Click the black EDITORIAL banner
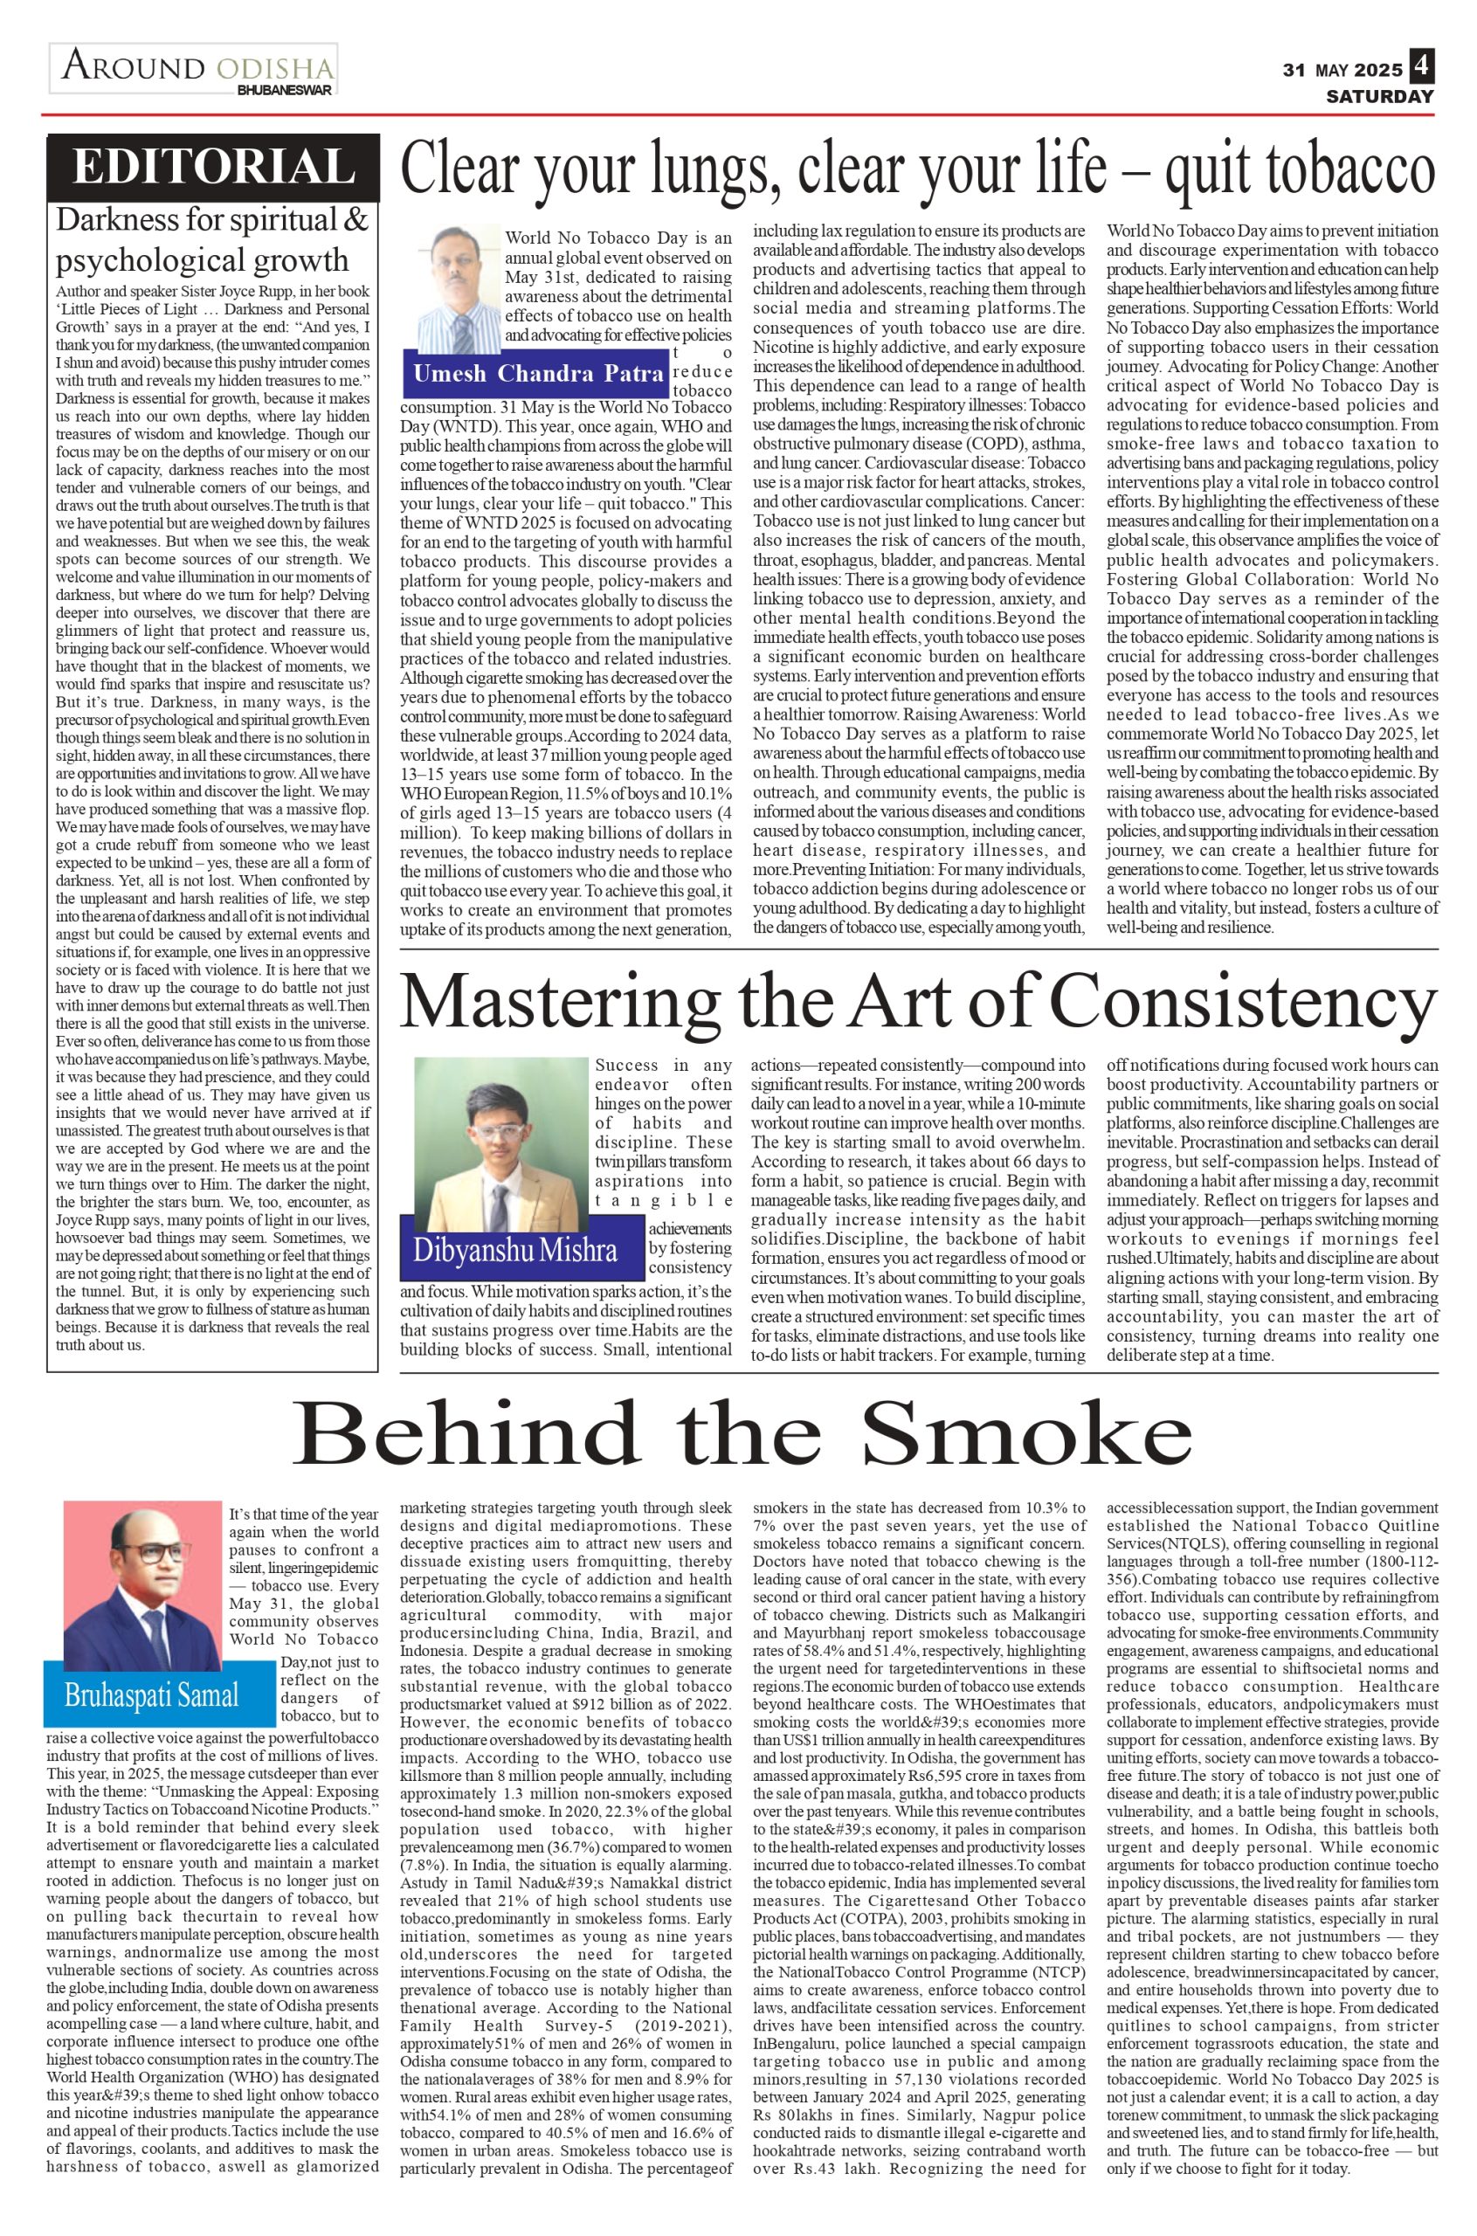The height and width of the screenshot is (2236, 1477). (213, 168)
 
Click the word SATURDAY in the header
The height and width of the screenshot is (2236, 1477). (1380, 96)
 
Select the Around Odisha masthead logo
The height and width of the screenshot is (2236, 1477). (196, 69)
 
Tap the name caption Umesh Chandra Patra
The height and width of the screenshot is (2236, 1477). (538, 374)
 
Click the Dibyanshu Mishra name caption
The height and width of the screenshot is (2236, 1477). (515, 1250)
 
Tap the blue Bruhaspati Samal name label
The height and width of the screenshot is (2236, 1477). (152, 1696)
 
